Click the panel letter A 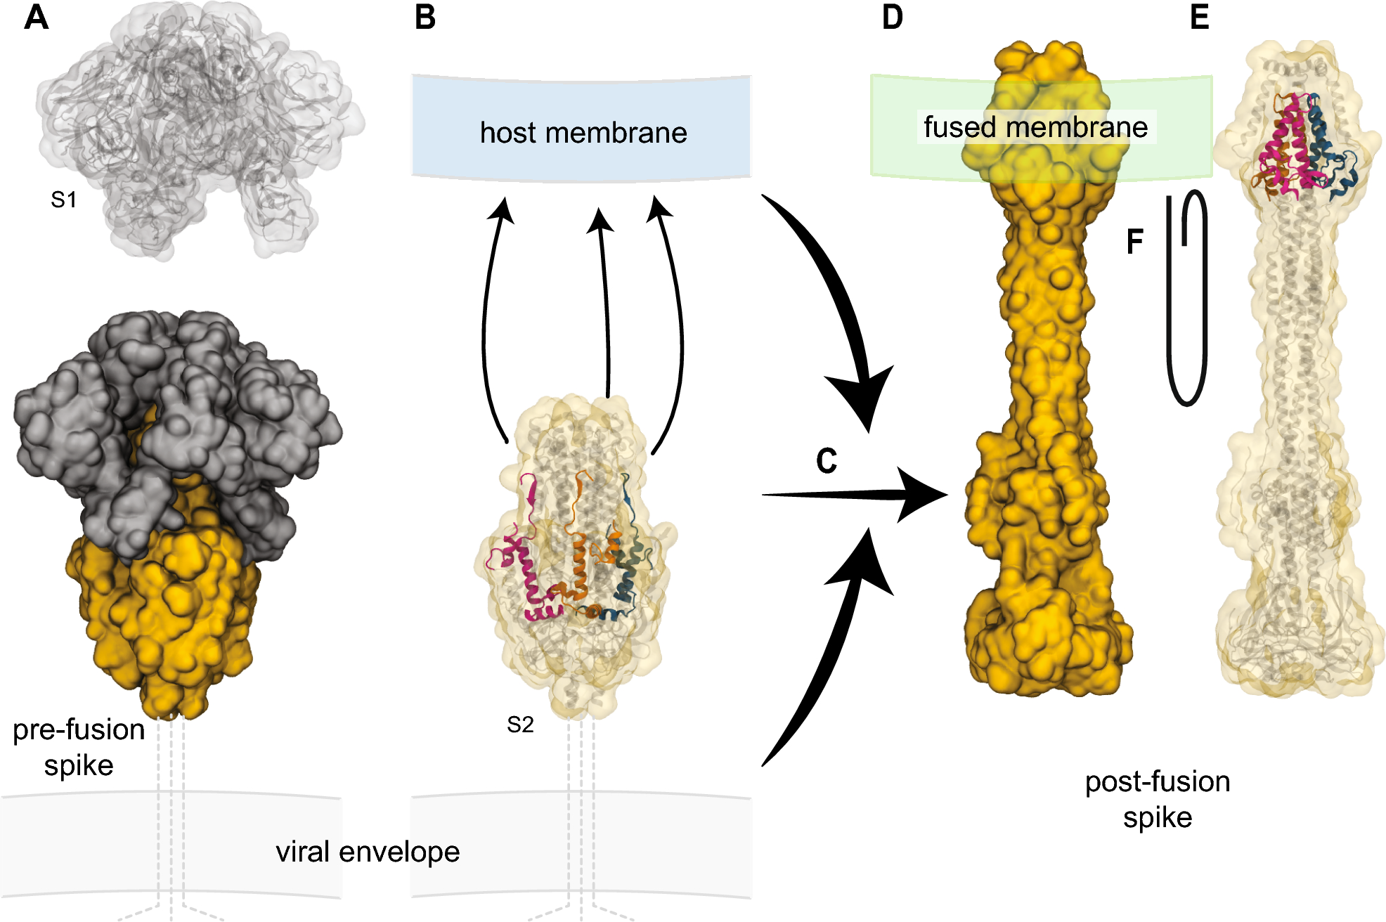click(36, 17)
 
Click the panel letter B click(425, 17)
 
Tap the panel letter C click(827, 461)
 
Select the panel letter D click(892, 17)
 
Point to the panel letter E click(1199, 17)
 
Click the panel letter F click(1134, 242)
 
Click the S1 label click(63, 200)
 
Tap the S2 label click(520, 725)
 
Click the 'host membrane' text click(583, 133)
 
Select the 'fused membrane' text click(1035, 127)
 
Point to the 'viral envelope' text click(368, 852)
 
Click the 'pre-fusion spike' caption click(79, 747)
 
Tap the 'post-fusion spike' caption click(1158, 799)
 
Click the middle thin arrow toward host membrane click(604, 302)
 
